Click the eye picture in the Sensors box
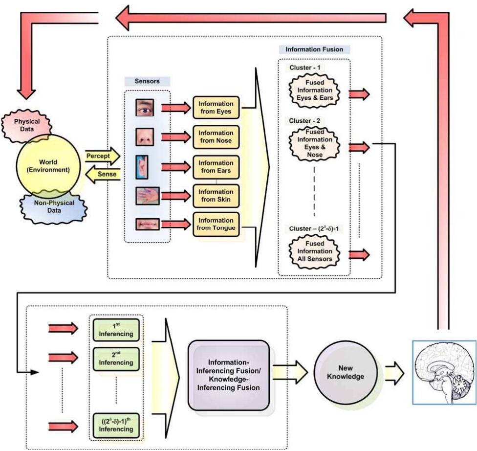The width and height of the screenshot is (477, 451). point(145,107)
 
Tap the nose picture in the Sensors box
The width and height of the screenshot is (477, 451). point(145,135)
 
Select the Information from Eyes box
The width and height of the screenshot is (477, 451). point(216,108)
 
